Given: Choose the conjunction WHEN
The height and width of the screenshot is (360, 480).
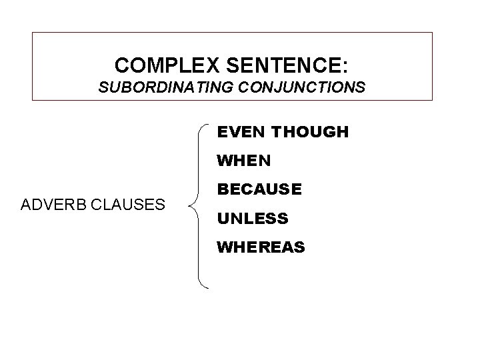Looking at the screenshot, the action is click(x=243, y=161).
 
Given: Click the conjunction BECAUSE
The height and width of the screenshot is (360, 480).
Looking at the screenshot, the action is click(x=259, y=189).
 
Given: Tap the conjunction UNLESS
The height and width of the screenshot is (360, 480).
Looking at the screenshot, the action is click(x=251, y=218).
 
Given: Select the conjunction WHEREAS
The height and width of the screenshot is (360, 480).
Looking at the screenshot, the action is click(x=261, y=247).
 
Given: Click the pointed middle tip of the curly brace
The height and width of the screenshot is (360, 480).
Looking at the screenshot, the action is click(x=191, y=205).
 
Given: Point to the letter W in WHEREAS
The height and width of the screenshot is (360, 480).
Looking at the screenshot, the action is click(x=223, y=247).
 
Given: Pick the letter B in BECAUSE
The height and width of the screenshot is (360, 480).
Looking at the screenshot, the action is click(x=222, y=189).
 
